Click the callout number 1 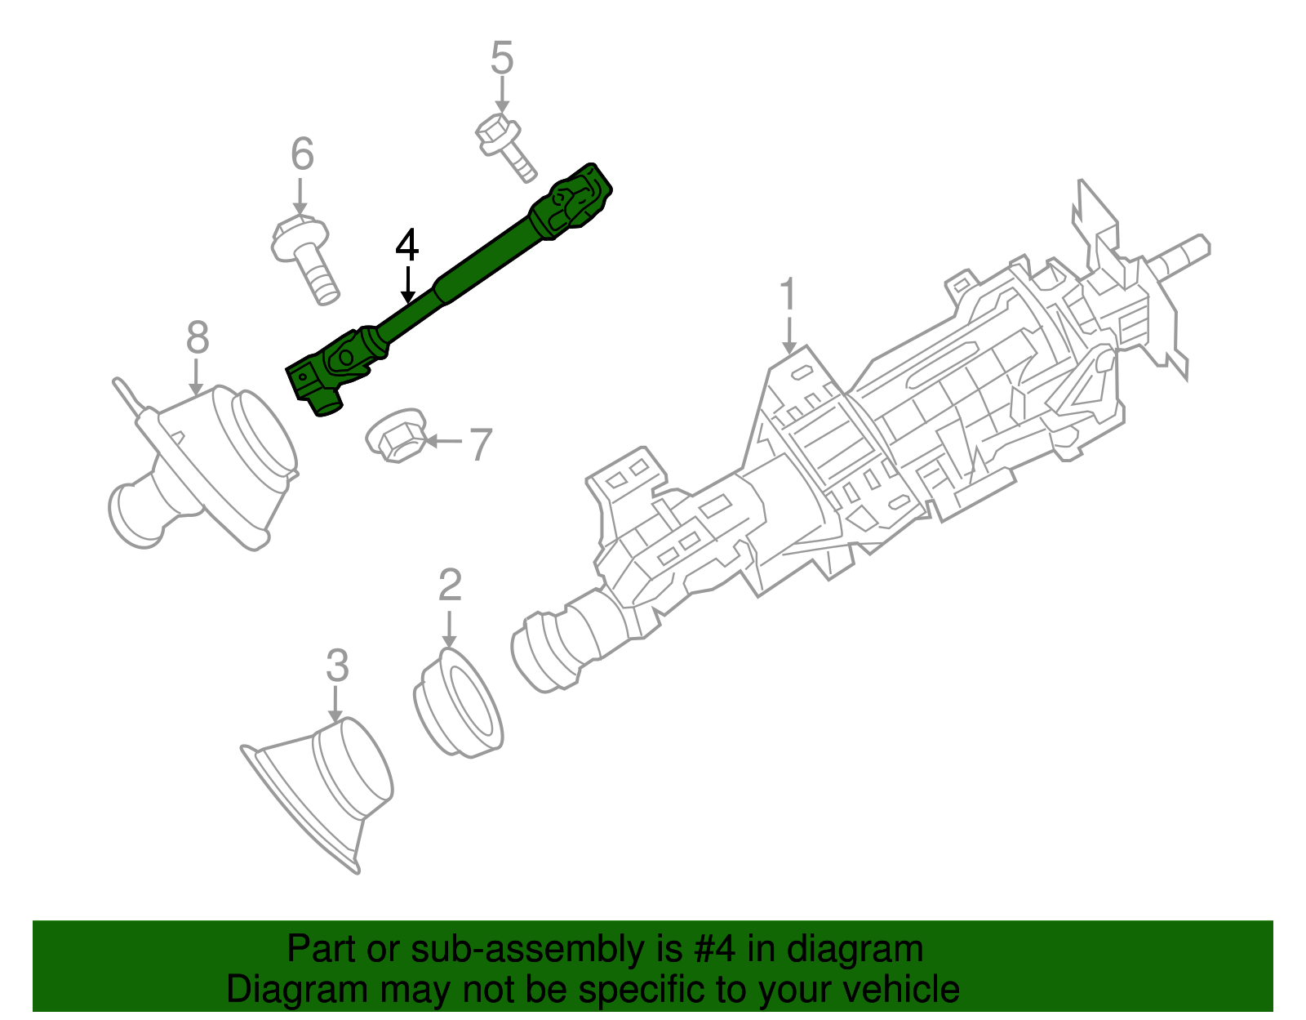pos(787,295)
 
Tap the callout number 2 pos(450,585)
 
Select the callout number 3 pos(337,666)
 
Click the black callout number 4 pos(406,245)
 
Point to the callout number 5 pos(502,59)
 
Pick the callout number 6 pos(302,154)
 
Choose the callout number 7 pos(481,444)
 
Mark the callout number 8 pos(198,336)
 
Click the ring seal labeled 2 pos(458,703)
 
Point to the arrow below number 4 pos(407,286)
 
